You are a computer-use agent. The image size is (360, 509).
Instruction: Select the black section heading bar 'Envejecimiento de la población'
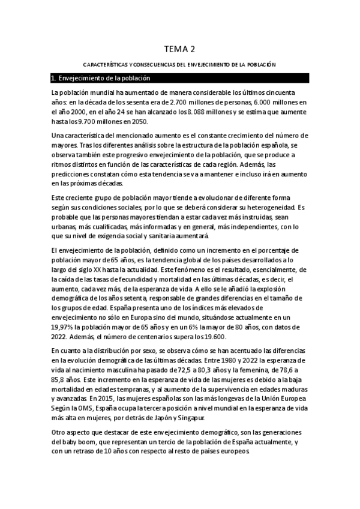179,79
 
